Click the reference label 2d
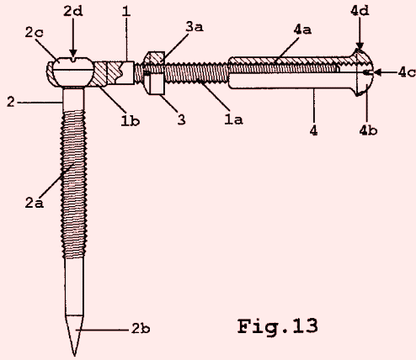click(73, 11)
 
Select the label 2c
click(35, 32)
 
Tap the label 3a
click(195, 27)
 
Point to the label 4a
click(302, 29)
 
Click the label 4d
click(360, 11)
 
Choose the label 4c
click(407, 72)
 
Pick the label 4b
click(368, 130)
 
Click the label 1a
click(233, 119)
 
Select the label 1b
click(131, 120)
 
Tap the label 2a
click(35, 203)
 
